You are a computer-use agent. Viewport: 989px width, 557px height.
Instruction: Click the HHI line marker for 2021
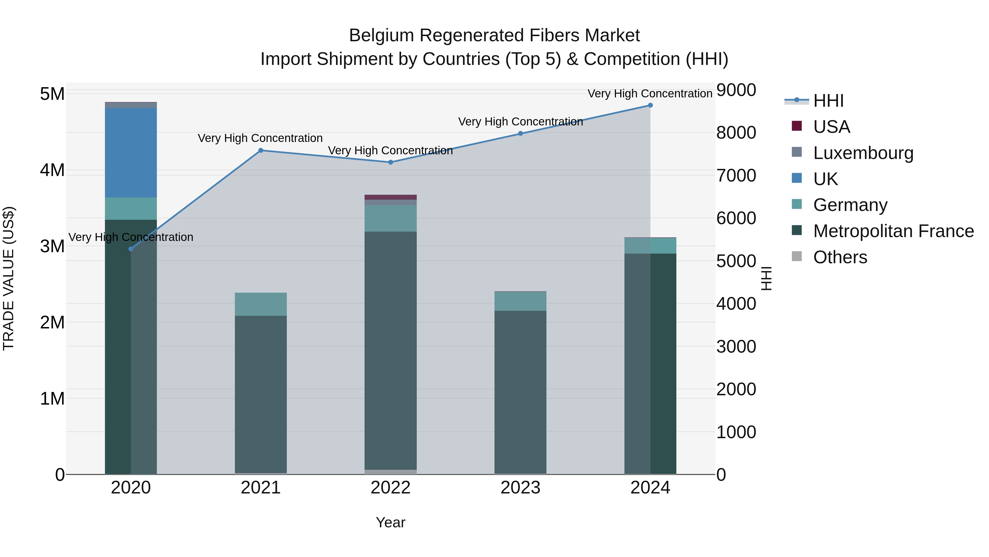(261, 150)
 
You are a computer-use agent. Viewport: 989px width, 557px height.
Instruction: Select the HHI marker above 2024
(650, 105)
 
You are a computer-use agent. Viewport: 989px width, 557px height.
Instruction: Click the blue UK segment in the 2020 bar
(131, 153)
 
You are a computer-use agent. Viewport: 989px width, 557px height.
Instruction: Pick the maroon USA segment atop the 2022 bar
(390, 197)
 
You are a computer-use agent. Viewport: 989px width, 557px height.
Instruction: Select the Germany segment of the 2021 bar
(261, 304)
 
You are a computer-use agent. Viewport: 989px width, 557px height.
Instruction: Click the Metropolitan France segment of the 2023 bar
(520, 392)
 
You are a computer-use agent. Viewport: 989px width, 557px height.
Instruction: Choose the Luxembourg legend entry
(863, 153)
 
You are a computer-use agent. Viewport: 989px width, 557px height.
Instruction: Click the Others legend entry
(840, 257)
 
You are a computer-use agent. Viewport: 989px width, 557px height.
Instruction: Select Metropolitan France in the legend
(893, 231)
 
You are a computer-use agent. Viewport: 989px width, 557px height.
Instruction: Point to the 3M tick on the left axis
(52, 246)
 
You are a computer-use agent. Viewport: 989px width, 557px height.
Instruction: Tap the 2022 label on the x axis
(390, 488)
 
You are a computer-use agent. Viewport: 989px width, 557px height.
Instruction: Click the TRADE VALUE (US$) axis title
(9, 278)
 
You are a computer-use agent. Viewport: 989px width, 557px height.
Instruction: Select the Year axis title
(390, 522)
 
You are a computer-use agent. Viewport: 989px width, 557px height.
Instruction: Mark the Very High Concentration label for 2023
(520, 122)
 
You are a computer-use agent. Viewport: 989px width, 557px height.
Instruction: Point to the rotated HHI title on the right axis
(766, 278)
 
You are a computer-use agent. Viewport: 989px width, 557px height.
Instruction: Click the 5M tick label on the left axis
(52, 94)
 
